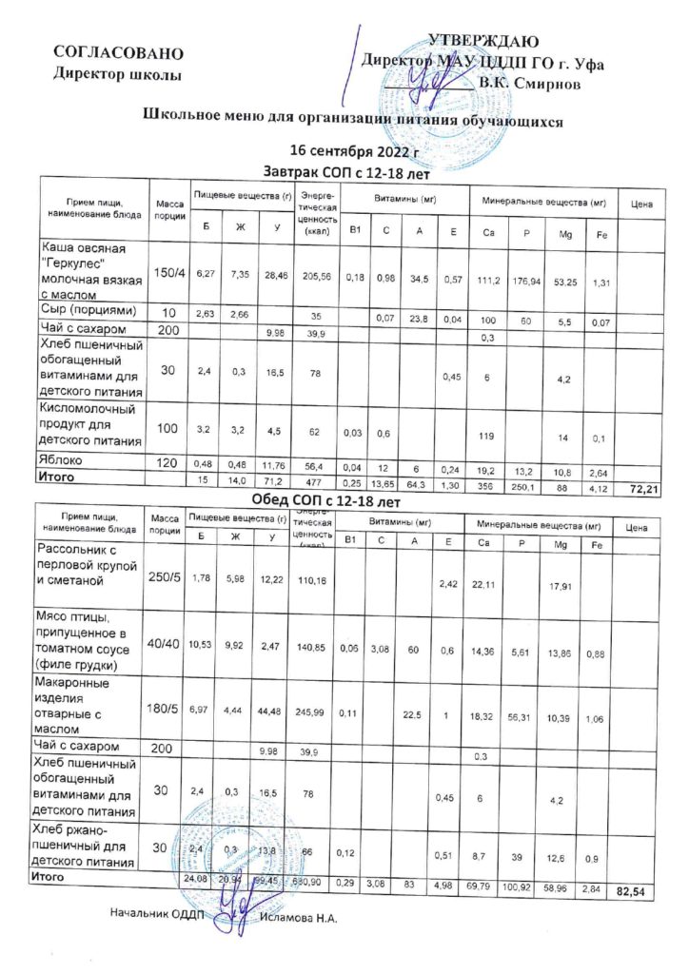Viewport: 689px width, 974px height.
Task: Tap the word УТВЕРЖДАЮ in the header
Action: coord(483,41)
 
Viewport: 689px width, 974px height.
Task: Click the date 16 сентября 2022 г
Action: coord(354,151)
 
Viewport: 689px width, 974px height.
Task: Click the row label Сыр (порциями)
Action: coord(89,311)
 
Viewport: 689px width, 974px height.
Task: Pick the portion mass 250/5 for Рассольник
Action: coord(165,577)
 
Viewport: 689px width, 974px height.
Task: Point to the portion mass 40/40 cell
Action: coord(165,645)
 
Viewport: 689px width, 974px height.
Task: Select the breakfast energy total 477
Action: coord(313,482)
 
